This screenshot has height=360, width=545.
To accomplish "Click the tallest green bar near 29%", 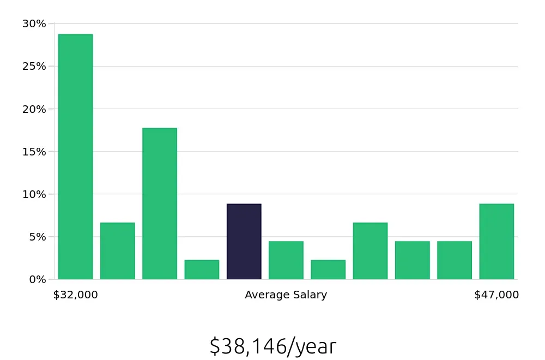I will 75,157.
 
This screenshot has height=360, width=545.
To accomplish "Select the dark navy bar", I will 244,242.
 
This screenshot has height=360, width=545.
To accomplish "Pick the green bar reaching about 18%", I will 160,203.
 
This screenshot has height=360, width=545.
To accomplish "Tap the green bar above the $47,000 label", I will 496,242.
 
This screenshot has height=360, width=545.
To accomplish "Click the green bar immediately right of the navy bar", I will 286,260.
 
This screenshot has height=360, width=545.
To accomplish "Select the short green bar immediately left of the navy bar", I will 202,269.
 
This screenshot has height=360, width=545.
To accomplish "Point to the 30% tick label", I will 34,23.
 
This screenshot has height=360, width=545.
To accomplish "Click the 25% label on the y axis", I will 34,66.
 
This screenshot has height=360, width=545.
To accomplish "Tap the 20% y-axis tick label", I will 34,109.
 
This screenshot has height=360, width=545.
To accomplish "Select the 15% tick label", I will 34,151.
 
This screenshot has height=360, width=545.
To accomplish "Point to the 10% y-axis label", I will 34,194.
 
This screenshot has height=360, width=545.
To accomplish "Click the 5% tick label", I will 37,237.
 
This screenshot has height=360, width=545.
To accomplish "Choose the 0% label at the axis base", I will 37,279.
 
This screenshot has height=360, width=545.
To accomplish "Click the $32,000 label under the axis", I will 75,295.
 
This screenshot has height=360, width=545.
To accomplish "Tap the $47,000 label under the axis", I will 496,295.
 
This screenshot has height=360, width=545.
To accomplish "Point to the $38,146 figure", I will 247,346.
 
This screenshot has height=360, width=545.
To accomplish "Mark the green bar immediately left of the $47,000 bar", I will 455,260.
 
